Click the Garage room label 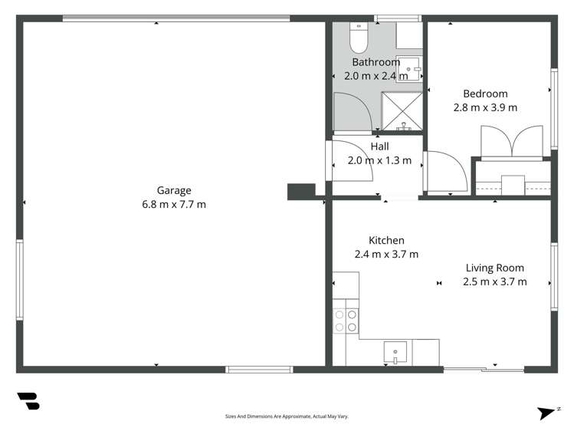click(x=174, y=190)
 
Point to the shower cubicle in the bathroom click(x=402, y=110)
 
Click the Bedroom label click(x=485, y=94)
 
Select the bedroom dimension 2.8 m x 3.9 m click(x=485, y=107)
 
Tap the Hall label click(x=379, y=146)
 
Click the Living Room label click(x=494, y=268)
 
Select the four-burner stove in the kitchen click(x=345, y=321)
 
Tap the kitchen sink click(x=396, y=353)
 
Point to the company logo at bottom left click(x=28, y=401)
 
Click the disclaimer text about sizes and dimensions click(x=286, y=416)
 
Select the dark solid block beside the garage click(x=301, y=191)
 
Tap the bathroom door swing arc click(x=350, y=111)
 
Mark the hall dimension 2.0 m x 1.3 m click(x=379, y=160)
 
